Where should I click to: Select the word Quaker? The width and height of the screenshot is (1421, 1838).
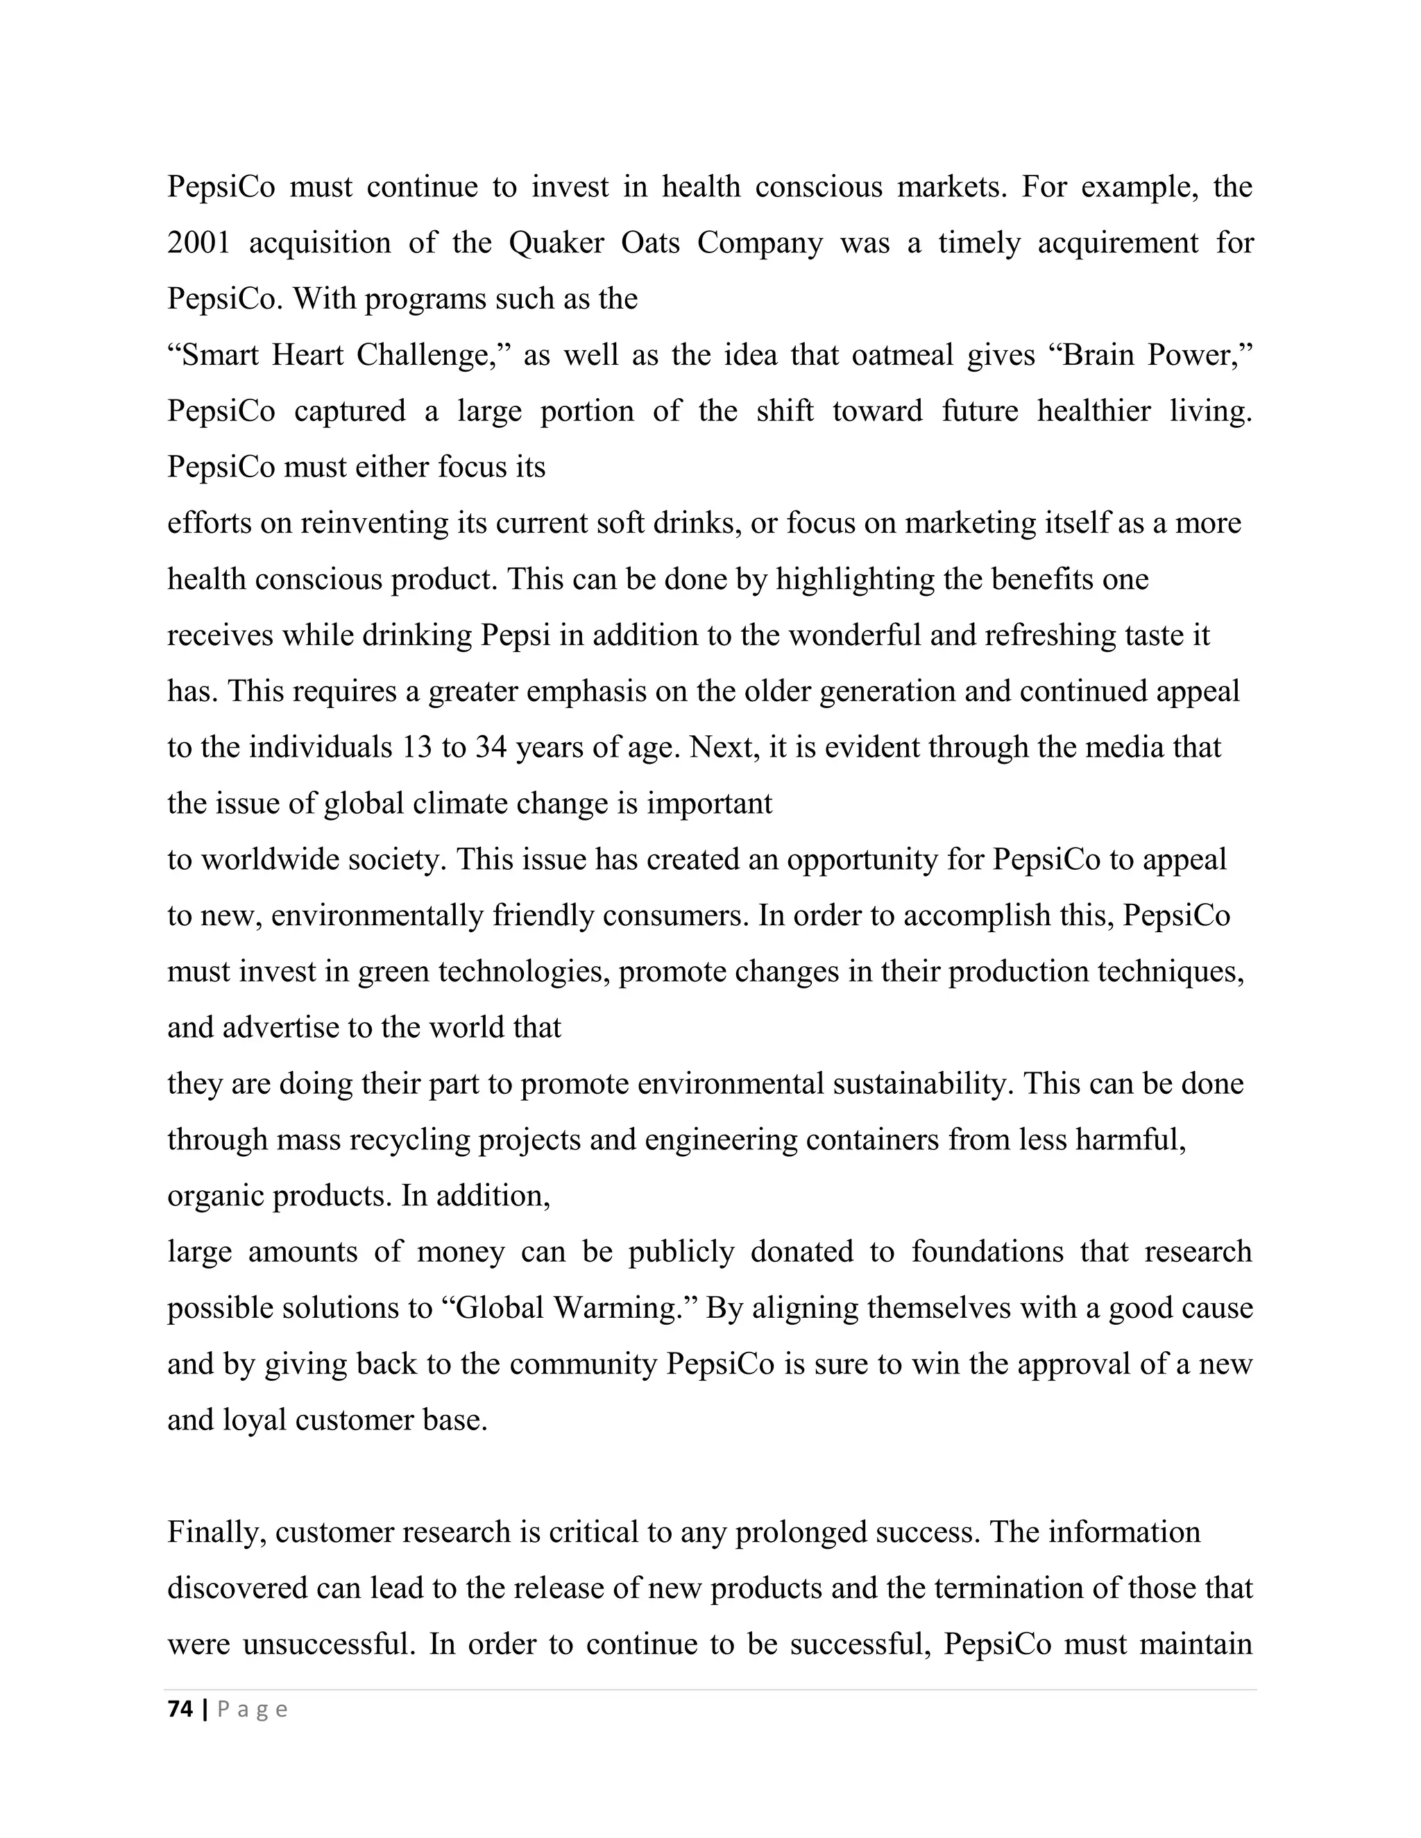tap(557, 243)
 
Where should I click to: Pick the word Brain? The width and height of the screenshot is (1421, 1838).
tap(1095, 355)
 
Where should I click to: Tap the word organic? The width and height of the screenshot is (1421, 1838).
tap(216, 1196)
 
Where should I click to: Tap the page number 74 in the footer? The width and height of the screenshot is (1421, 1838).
tap(180, 1709)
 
